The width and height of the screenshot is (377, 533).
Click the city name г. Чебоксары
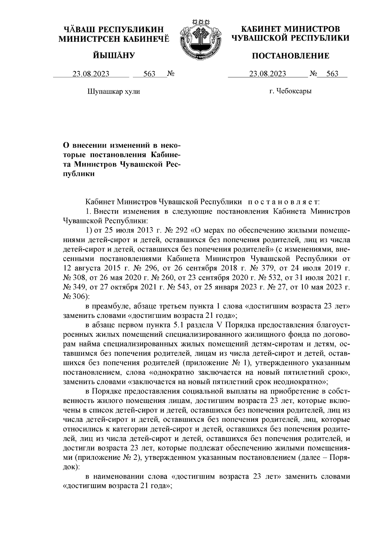[290, 91]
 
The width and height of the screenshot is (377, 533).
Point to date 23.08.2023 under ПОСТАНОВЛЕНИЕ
[267, 74]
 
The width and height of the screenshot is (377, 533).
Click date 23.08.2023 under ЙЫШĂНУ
[91, 74]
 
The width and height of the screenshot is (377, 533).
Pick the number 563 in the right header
[332, 74]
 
